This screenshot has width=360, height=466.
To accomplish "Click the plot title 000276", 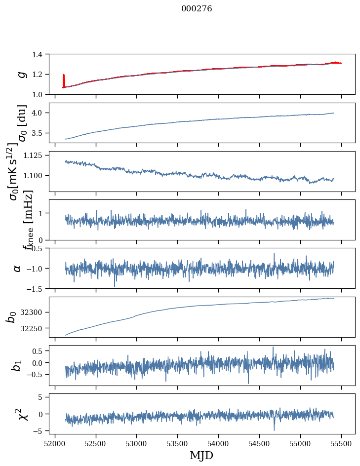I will (x=197, y=8).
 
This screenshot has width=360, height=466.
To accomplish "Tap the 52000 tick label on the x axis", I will (x=55, y=443).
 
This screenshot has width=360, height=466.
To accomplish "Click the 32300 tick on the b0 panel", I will (x=33, y=312).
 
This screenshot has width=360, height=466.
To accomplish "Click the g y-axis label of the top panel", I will (x=21, y=74).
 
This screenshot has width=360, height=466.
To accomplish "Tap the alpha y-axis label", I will (x=17, y=268).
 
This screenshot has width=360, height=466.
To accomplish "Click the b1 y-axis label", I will (x=17, y=365).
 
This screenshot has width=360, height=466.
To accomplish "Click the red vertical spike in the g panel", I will (x=64, y=80).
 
